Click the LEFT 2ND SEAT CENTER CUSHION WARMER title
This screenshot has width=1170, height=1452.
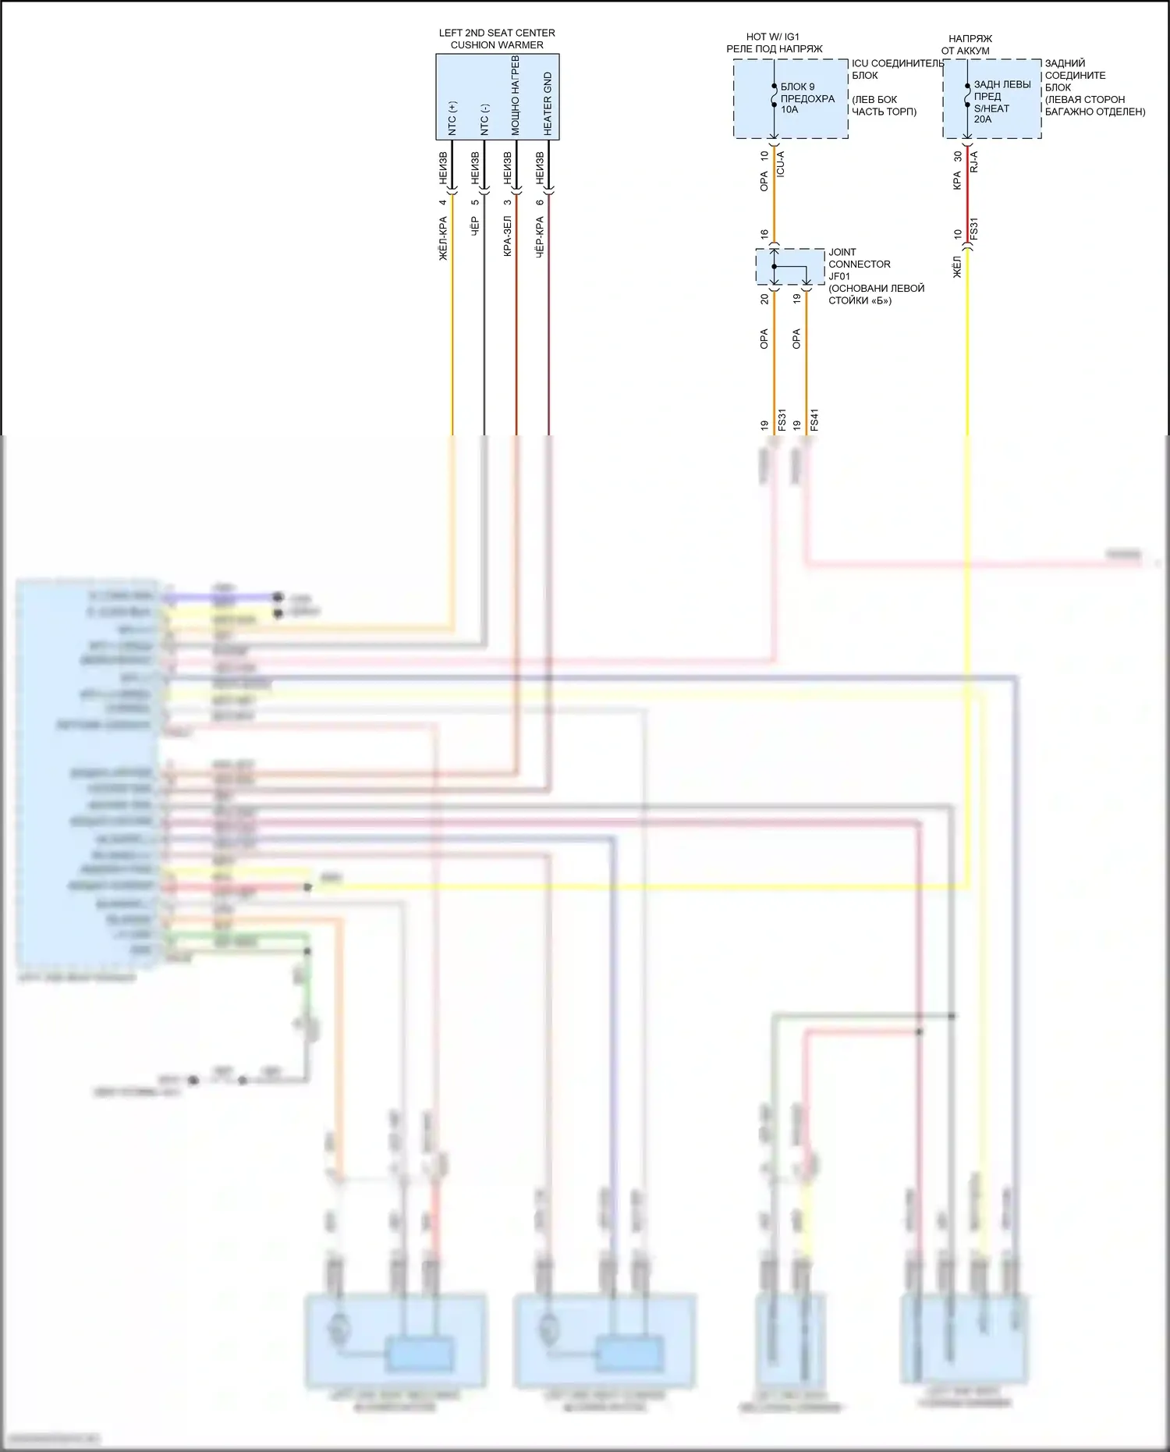[x=497, y=39]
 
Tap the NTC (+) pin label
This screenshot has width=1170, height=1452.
[x=452, y=118]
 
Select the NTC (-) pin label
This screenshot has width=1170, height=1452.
[x=484, y=119]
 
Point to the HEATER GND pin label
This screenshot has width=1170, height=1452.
[x=548, y=104]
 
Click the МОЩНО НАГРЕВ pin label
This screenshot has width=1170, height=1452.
[x=516, y=96]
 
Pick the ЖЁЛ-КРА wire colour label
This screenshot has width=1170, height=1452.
[x=443, y=238]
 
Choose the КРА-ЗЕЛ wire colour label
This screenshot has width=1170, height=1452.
[x=507, y=236]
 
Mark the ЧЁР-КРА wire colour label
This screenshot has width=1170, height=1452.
[x=539, y=236]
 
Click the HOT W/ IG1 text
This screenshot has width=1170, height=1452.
[x=772, y=37]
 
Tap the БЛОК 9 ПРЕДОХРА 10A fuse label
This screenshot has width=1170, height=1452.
[x=807, y=98]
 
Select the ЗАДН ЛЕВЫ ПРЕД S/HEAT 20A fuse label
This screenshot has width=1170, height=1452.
[x=1002, y=101]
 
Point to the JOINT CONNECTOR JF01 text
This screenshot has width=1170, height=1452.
[x=859, y=264]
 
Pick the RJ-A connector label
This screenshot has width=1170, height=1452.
[x=973, y=162]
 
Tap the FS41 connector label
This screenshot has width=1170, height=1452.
[x=814, y=420]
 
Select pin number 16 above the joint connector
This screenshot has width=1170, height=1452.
[x=764, y=234]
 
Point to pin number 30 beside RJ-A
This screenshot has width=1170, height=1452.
[x=958, y=156]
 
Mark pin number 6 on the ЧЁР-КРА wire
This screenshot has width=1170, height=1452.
[x=539, y=203]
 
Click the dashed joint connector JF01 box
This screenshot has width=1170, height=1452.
[x=790, y=267]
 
